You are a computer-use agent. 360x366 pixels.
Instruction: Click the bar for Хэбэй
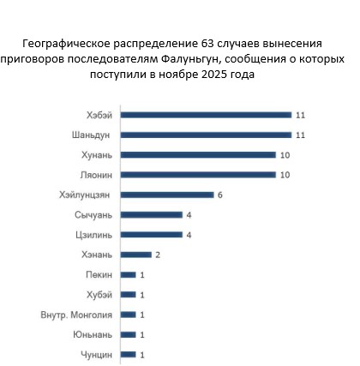[206, 115]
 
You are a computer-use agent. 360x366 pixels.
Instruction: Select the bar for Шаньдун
[206, 135]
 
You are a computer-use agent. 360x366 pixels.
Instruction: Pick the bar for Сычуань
[152, 214]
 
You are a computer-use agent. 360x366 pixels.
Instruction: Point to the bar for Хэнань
[136, 255]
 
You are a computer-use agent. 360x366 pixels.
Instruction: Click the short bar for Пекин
[129, 274]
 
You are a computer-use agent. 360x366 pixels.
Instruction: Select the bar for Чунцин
[129, 354]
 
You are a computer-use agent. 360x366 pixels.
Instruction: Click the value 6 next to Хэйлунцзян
[221, 195]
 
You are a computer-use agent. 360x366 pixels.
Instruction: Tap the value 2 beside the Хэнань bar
[159, 255]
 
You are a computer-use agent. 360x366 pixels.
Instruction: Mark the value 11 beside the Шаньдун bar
[300, 135]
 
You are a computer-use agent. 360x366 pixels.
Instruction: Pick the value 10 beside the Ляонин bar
[285, 175]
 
